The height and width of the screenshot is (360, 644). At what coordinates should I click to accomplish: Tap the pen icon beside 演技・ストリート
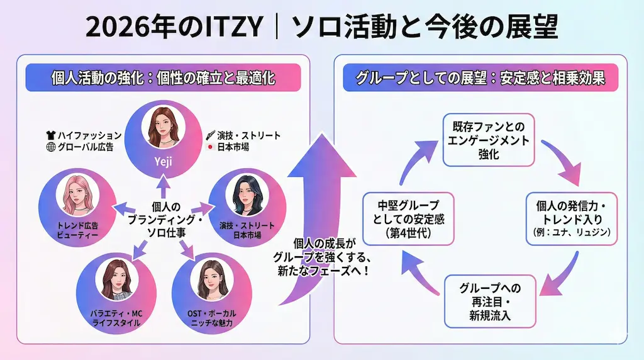coord(211,135)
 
